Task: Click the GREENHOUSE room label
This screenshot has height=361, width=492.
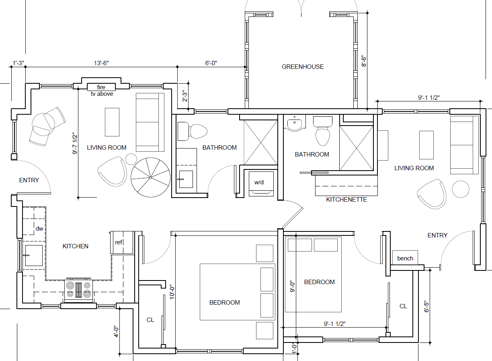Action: tap(302, 67)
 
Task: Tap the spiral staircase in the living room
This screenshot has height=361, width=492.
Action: tap(150, 177)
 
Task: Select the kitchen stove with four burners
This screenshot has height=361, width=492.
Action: tap(78, 290)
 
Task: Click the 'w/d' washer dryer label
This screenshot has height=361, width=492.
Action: tap(259, 182)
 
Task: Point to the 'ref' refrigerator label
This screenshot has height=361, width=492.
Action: tap(119, 242)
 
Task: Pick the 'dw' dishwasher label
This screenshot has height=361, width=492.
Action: tap(39, 229)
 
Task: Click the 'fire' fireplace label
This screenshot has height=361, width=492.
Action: tap(101, 87)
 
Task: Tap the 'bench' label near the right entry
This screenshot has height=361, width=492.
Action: tap(405, 258)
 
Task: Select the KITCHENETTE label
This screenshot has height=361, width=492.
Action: tap(346, 199)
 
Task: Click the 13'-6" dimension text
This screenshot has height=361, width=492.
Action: tap(101, 63)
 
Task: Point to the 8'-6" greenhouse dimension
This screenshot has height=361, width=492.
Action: tap(364, 61)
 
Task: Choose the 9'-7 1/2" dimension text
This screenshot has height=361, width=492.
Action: tap(75, 143)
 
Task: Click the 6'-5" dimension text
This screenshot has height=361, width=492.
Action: tap(426, 306)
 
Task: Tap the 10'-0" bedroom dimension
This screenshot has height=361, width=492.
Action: tap(172, 292)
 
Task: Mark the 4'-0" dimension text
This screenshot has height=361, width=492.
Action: tap(116, 331)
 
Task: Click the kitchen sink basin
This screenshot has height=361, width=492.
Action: tap(34, 256)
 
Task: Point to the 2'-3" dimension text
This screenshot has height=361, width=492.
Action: tap(185, 96)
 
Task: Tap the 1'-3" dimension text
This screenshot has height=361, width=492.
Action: tap(18, 63)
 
